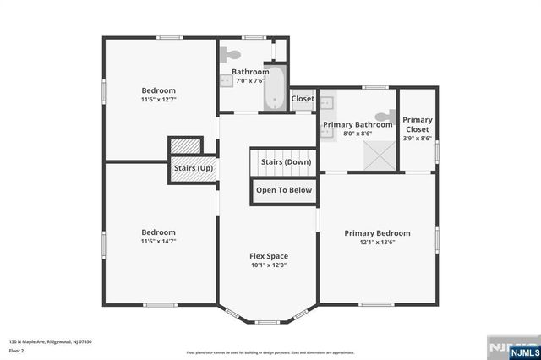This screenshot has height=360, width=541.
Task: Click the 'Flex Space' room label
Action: coord(268,256)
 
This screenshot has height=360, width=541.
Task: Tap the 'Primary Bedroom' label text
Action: coord(377,233)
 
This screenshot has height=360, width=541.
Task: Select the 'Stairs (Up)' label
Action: coord(193,168)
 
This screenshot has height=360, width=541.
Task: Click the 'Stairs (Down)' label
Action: coord(285,161)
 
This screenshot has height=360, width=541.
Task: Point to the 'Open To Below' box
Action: coord(285,190)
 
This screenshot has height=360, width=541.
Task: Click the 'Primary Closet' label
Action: coord(418,124)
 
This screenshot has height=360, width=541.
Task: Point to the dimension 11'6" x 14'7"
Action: coord(158,242)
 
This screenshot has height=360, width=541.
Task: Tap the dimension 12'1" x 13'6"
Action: coord(377,243)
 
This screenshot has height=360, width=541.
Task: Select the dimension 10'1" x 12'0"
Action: coord(268,265)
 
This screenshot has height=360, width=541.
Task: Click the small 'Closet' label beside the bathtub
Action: coord(303,99)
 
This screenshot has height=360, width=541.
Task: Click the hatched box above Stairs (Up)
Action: coord(183,146)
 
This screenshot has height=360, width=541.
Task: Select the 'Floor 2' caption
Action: coord(17,350)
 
